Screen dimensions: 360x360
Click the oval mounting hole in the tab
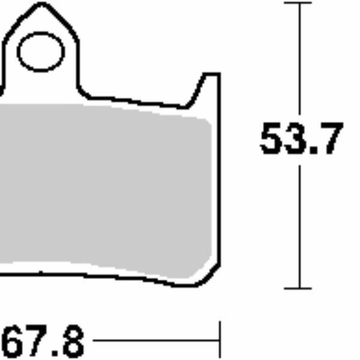(x=41, y=52)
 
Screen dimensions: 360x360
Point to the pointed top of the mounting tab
(x=41, y=6)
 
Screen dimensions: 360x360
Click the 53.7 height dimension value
(x=301, y=139)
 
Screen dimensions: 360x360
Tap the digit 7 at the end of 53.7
(x=329, y=139)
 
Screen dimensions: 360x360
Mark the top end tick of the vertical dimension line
(x=299, y=3)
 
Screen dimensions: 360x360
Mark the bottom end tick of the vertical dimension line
(x=299, y=288)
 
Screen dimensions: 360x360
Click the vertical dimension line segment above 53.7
(x=299, y=60)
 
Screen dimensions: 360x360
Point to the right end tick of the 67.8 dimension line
(x=220, y=340)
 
